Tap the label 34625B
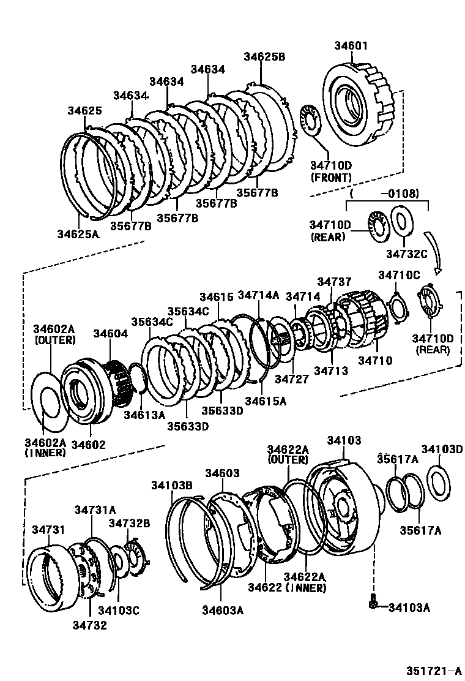(264, 56)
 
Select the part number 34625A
(78, 233)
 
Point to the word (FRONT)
(331, 178)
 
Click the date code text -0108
(400, 194)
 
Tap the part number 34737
(334, 281)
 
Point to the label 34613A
(144, 415)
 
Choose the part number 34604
(111, 333)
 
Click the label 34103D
(442, 450)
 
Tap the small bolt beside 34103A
(373, 604)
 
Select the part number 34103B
(172, 486)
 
